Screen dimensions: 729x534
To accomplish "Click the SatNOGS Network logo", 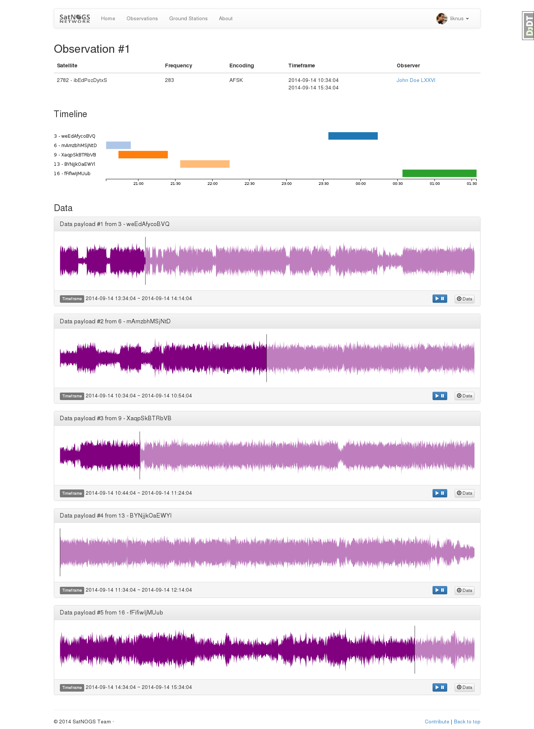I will pyautogui.click(x=75, y=18).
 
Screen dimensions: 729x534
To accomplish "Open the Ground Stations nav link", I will pyautogui.click(x=188, y=18).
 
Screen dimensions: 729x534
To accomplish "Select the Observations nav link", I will pyautogui.click(x=142, y=18).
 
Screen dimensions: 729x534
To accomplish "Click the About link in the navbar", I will pyautogui.click(x=226, y=18).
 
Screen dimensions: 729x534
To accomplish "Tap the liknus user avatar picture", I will pyautogui.click(x=442, y=18).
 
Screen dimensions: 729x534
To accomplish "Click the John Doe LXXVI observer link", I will pyautogui.click(x=416, y=80).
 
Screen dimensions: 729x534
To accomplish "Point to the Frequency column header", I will pyautogui.click(x=178, y=65).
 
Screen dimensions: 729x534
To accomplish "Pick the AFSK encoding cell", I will pyautogui.click(x=236, y=80).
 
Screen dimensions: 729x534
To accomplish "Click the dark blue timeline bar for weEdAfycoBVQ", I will pyautogui.click(x=353, y=136).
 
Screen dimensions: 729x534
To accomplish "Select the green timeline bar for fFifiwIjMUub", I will pyautogui.click(x=439, y=173).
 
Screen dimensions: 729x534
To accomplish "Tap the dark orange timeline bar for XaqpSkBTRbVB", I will pyautogui.click(x=143, y=155).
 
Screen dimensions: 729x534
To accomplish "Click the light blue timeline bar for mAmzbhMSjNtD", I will pyautogui.click(x=118, y=145).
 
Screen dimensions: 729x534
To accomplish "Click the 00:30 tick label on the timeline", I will pyautogui.click(x=398, y=183).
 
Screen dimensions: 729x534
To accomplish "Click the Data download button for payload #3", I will pyautogui.click(x=464, y=493).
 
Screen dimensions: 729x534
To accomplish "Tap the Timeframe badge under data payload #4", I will pyautogui.click(x=72, y=590).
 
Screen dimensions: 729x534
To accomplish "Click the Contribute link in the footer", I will pyautogui.click(x=437, y=722).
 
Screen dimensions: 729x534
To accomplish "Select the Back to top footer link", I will pyautogui.click(x=467, y=722).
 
